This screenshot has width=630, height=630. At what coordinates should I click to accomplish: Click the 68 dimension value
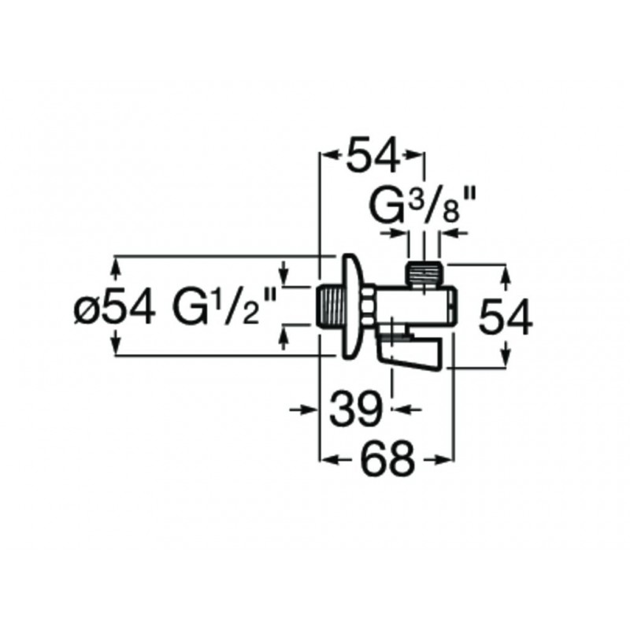(388, 458)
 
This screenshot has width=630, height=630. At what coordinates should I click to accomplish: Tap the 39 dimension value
(356, 409)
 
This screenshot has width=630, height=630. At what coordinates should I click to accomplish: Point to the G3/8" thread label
(422, 205)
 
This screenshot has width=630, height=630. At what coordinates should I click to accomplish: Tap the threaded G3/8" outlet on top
(424, 275)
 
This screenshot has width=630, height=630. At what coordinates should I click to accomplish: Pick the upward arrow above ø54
(117, 270)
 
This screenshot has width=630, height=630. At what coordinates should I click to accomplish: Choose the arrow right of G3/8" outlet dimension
(453, 232)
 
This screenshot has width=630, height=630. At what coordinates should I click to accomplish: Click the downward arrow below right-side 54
(506, 353)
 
